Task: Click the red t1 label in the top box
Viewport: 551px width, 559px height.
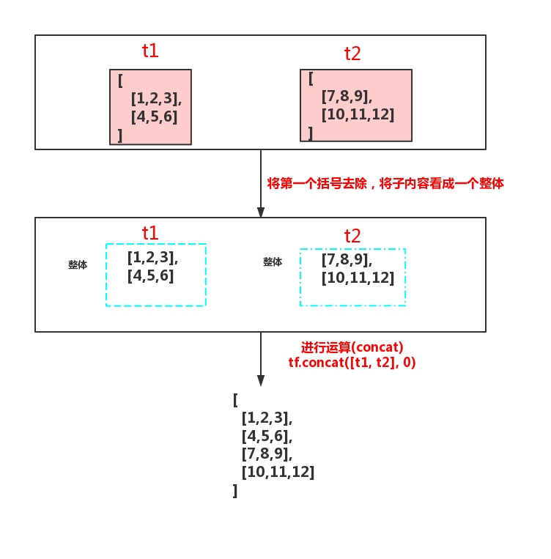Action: coord(150,51)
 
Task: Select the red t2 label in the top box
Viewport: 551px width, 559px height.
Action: coord(352,53)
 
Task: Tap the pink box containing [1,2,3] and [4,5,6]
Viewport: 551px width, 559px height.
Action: coord(151,107)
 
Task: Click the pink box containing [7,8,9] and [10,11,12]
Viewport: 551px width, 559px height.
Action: coord(356,105)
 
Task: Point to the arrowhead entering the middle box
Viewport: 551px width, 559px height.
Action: coord(260,212)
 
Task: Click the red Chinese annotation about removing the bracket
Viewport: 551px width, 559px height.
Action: coord(385,183)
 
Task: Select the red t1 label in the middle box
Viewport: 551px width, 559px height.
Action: coord(150,233)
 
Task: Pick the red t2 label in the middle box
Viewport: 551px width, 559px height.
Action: coord(352,235)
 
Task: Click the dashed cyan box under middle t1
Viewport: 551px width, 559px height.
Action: coord(156,275)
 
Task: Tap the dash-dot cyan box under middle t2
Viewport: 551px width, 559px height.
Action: coord(352,277)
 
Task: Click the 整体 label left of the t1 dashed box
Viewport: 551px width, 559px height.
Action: coord(78,265)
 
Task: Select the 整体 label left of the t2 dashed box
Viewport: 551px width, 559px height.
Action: coord(273,262)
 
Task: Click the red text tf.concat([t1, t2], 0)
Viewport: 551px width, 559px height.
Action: coord(352,362)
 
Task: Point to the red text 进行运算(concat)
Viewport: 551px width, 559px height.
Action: coord(352,347)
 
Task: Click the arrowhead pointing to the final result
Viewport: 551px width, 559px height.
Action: coord(260,381)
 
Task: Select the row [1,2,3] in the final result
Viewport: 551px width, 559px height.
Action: coord(266,418)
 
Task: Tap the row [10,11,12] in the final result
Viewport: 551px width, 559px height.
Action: coord(278,473)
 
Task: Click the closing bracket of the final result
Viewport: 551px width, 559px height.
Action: coord(235,491)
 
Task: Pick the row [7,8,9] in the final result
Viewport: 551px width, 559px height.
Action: coord(266,454)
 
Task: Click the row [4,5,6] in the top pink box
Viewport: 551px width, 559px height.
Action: coord(154,116)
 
